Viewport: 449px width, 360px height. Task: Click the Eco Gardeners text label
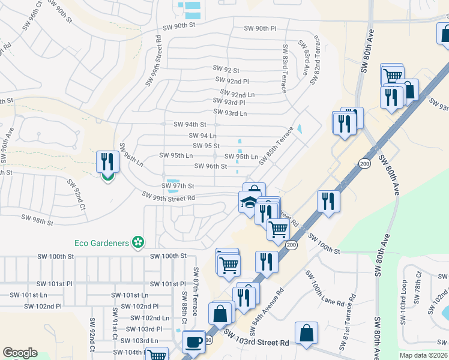(x=102, y=242)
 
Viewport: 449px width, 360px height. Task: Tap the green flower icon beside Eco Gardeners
(x=139, y=242)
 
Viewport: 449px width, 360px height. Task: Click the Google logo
(x=20, y=353)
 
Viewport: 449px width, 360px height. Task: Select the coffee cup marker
(x=193, y=341)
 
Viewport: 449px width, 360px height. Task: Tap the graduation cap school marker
(x=248, y=202)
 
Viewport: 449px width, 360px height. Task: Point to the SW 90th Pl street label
(x=260, y=28)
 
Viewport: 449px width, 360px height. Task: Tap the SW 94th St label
(x=190, y=124)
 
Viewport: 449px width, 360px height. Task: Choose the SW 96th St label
(x=208, y=166)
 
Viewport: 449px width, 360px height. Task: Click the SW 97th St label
(x=178, y=187)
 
